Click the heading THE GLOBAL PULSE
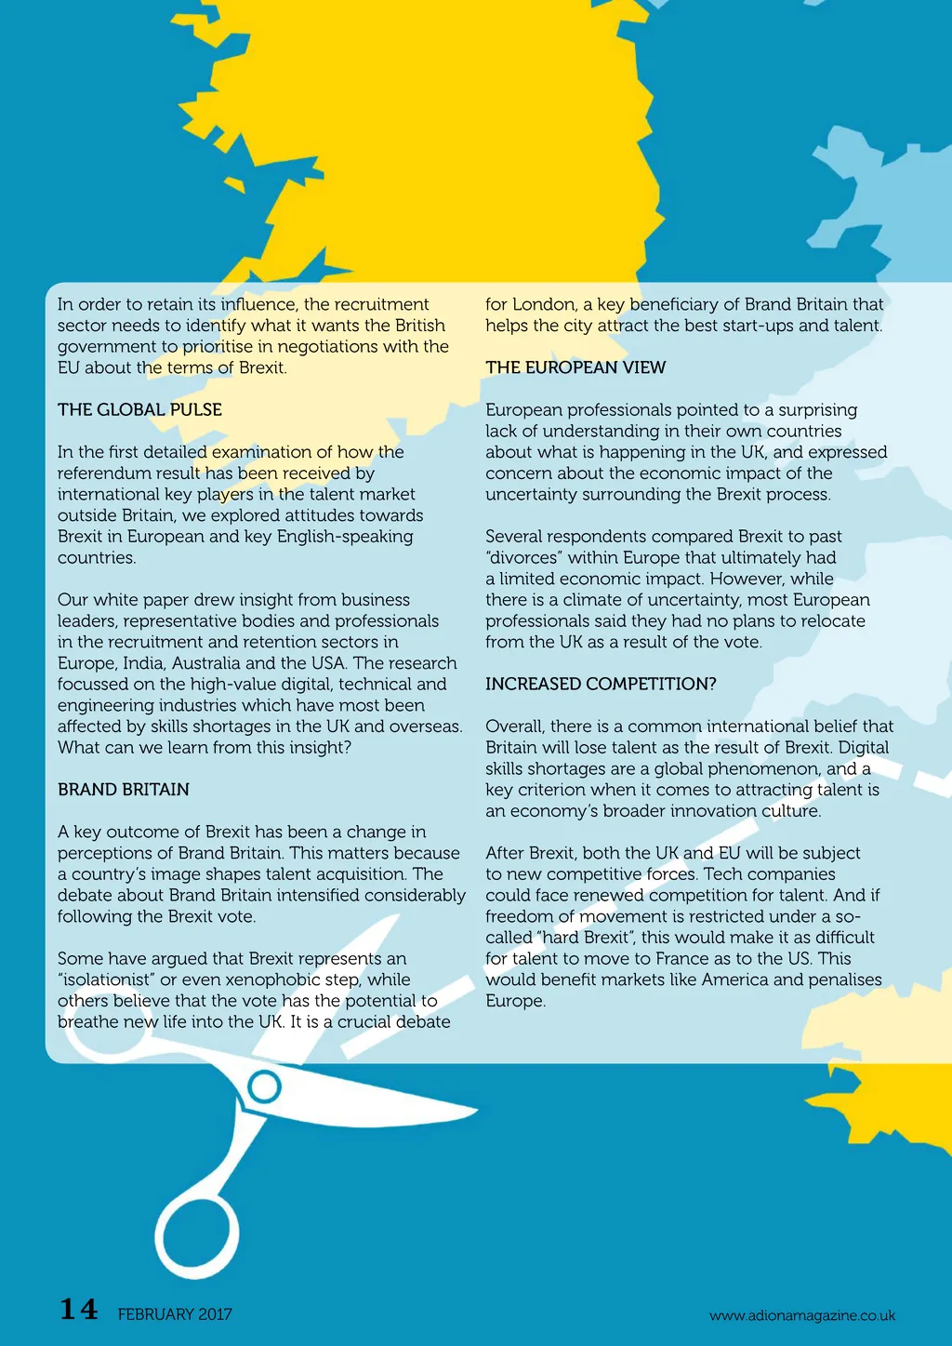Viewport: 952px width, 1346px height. pyautogui.click(x=139, y=409)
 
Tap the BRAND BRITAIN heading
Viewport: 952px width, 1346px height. pyautogui.click(x=124, y=790)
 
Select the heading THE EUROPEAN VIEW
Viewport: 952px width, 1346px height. pyautogui.click(x=575, y=367)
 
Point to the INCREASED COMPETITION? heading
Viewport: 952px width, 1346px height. pyautogui.click(x=601, y=684)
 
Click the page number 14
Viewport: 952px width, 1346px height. pyautogui.click(x=79, y=1310)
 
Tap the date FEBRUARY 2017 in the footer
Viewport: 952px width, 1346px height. pyautogui.click(x=175, y=1314)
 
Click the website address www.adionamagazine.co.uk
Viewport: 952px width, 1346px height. pyautogui.click(x=802, y=1315)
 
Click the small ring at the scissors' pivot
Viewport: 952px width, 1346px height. pyautogui.click(x=265, y=1086)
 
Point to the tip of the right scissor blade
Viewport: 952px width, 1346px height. pyautogui.click(x=476, y=1109)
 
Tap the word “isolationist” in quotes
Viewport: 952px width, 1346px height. pyautogui.click(x=104, y=980)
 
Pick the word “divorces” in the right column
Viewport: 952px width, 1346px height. pyautogui.click(x=523, y=558)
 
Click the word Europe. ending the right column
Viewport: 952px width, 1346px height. pyautogui.click(x=515, y=1001)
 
